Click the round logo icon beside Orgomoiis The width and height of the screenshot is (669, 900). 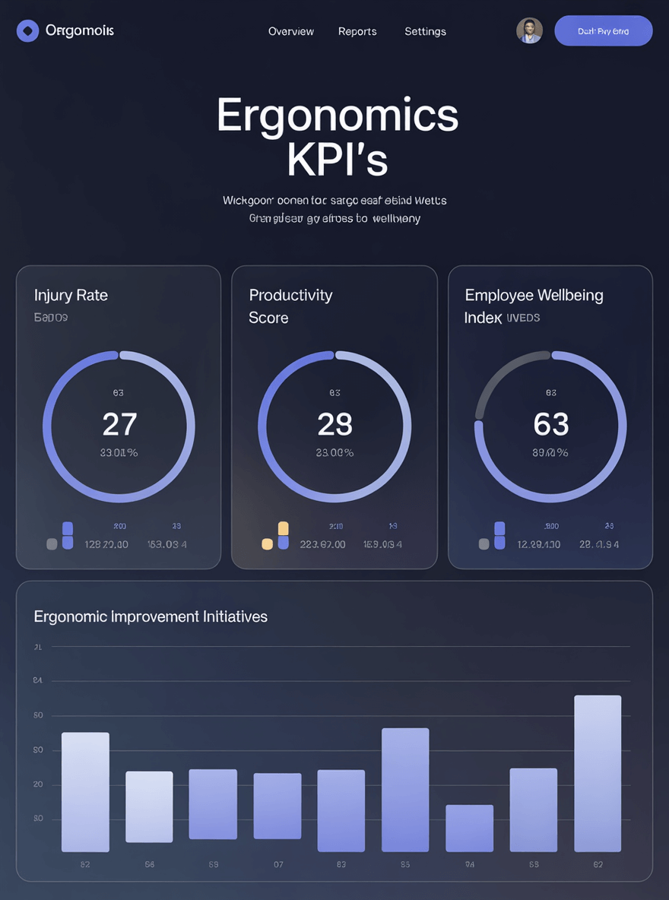click(27, 31)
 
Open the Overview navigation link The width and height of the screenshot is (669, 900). click(291, 31)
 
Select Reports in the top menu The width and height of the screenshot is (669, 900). click(357, 31)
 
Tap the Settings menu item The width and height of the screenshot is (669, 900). click(425, 31)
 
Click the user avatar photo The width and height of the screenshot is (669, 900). click(529, 31)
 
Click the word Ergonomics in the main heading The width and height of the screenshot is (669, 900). click(338, 116)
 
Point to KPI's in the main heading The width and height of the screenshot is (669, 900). click(338, 159)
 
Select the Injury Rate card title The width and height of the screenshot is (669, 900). click(71, 295)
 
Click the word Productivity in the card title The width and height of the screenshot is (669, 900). click(290, 295)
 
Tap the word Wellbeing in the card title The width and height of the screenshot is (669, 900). click(569, 295)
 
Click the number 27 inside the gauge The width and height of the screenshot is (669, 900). click(119, 425)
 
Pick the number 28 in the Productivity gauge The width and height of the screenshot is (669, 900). click(334, 425)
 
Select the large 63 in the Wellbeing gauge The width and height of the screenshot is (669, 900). click(551, 425)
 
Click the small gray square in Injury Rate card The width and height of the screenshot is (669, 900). click(52, 544)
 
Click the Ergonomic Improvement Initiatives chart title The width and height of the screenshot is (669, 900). click(151, 616)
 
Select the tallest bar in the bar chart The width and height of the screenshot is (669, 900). click(598, 773)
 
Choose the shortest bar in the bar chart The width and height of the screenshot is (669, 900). click(469, 828)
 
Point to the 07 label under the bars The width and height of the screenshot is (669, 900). click(278, 864)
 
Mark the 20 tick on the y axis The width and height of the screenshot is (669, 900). click(38, 784)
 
